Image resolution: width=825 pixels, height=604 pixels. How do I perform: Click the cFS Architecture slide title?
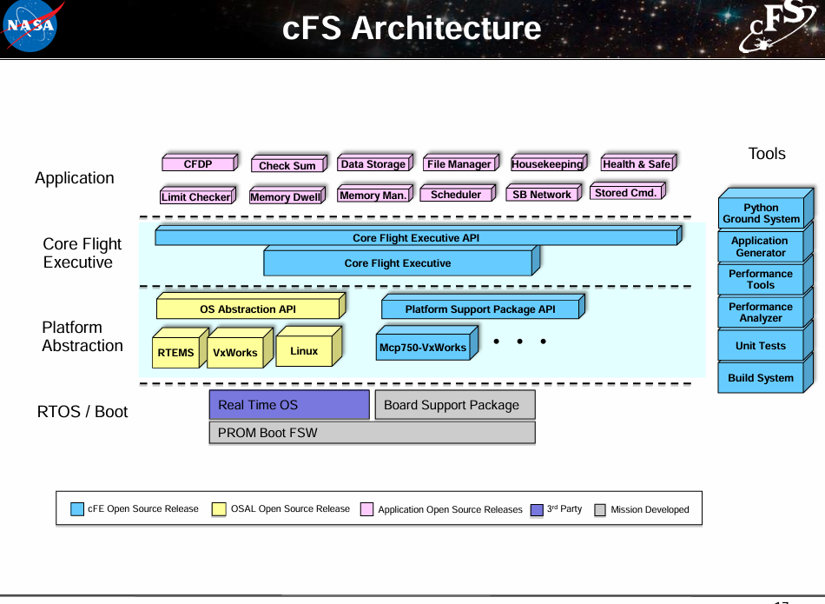point(412,29)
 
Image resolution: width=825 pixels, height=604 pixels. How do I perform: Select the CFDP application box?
point(199,164)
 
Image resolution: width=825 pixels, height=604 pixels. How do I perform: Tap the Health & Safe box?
point(637,164)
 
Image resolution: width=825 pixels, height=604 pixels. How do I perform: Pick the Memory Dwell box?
point(285,197)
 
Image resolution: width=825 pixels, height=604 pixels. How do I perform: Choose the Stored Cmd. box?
point(626,193)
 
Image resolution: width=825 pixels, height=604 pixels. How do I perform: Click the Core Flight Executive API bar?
point(416,237)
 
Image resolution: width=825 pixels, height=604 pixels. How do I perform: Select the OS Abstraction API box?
point(248,309)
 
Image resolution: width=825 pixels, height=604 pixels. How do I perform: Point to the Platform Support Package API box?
point(480,309)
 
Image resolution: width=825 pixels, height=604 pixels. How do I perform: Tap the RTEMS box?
point(176,353)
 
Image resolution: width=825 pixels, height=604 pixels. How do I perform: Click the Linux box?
point(305,351)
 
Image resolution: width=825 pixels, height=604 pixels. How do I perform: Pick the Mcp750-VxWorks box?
point(423,348)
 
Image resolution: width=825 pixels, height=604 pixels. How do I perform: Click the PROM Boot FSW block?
point(372,433)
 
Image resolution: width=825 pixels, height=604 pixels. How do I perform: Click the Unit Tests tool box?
point(761,346)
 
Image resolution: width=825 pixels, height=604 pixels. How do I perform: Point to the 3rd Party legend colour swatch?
point(537,510)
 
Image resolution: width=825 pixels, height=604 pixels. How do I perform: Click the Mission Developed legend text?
point(650,510)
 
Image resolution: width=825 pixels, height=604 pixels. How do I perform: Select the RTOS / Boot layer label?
point(82,412)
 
